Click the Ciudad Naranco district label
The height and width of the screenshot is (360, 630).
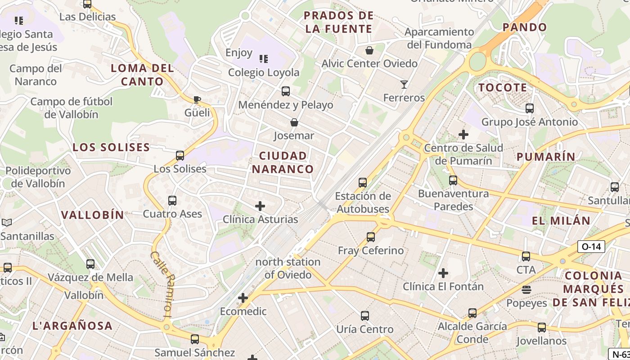[x=283, y=162]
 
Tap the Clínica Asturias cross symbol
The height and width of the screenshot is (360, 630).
[x=260, y=206]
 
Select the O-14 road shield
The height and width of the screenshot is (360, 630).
[x=591, y=247]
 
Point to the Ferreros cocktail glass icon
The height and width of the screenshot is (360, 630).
[x=404, y=84]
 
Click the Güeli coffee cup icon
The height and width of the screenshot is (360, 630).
[x=197, y=99]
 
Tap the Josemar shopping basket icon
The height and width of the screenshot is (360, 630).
[x=294, y=122]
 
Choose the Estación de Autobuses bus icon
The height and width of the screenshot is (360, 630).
[x=363, y=183]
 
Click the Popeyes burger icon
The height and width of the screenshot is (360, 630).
[x=526, y=289]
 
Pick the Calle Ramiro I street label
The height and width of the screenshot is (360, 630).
[x=162, y=285]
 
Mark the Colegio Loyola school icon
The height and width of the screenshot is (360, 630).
[x=264, y=59]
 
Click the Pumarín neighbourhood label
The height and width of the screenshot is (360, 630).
[x=546, y=157]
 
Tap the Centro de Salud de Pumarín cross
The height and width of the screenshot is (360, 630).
[x=463, y=134]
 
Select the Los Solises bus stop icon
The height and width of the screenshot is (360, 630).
[x=180, y=156]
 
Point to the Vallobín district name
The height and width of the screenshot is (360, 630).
[x=93, y=215]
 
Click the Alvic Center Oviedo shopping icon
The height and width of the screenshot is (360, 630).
[x=369, y=50]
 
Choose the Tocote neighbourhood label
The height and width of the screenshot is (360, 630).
[x=503, y=87]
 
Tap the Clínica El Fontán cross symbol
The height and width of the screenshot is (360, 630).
[x=443, y=273]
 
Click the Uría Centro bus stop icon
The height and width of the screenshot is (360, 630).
[x=365, y=316]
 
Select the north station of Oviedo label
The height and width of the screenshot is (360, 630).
[x=288, y=268]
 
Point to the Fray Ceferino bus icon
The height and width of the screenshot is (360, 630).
[x=371, y=237]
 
